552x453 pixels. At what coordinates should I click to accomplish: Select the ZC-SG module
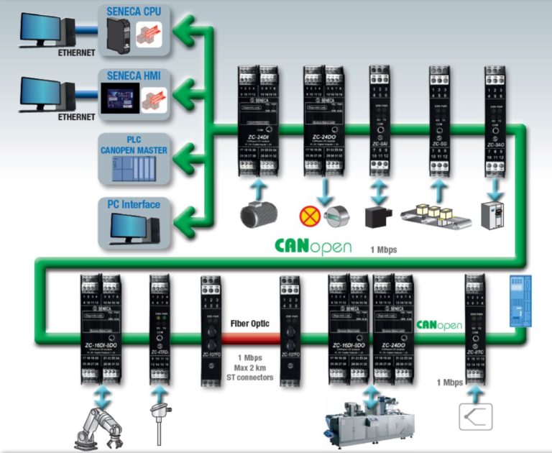click(x=438, y=122)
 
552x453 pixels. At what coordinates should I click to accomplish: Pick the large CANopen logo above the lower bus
click(x=313, y=246)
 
